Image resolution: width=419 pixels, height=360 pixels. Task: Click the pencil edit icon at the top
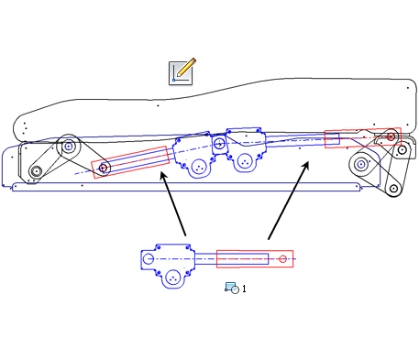[182, 71]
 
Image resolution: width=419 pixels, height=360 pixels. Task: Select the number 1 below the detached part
[244, 289]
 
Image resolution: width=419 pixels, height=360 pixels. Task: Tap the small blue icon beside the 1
[232, 288]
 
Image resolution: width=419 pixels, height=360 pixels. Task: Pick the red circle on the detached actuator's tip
[282, 259]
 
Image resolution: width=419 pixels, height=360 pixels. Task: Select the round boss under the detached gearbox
[173, 277]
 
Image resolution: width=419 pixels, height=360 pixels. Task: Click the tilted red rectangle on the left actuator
[131, 162]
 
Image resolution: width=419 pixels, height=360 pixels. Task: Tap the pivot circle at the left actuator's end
[104, 168]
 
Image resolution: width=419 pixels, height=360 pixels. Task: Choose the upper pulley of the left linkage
[67, 146]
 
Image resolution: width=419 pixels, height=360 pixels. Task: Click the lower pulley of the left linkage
[36, 171]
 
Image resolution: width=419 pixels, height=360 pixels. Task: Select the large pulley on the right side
[362, 166]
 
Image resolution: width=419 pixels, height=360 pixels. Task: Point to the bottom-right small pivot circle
[393, 189]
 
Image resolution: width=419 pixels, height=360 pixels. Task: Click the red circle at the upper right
[390, 136]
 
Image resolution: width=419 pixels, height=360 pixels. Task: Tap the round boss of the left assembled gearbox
[198, 166]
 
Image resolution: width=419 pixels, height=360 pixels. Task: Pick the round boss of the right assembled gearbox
[245, 162]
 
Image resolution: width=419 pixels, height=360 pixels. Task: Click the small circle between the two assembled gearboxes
[220, 143]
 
